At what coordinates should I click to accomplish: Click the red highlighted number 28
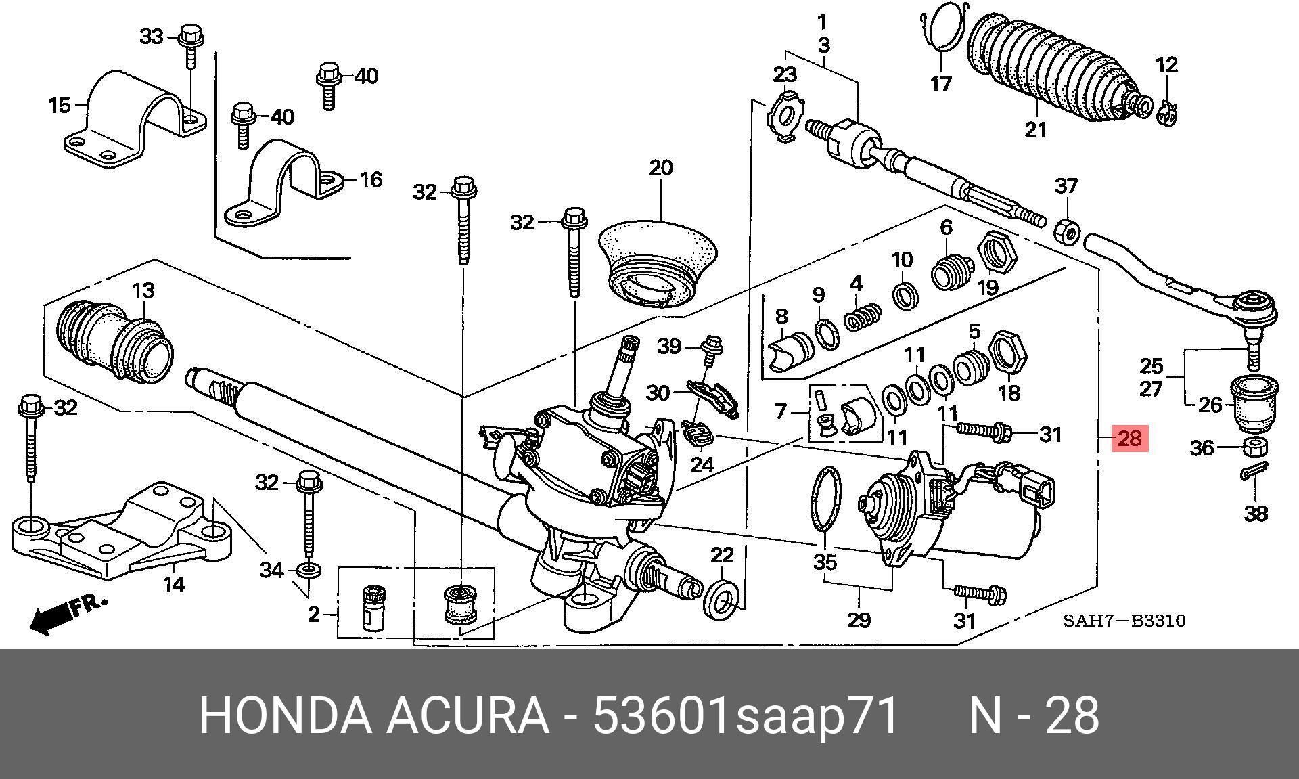point(1129,439)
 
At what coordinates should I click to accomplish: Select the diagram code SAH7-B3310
point(1124,621)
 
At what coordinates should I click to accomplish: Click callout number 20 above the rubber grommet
point(660,168)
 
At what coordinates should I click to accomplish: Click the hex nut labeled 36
point(1255,447)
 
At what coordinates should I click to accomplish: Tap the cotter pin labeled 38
point(1255,471)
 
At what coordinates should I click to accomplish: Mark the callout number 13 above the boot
point(143,291)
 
